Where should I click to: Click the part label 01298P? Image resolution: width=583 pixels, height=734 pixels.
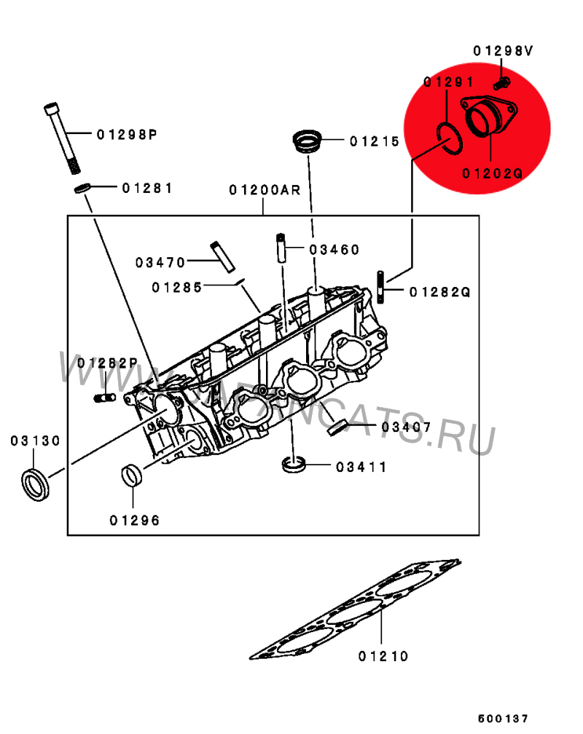127,135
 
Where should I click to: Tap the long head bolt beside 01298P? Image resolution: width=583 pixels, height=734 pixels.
62,138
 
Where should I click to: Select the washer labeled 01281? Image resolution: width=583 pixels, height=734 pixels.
83,188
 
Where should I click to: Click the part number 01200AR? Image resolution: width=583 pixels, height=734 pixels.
265,190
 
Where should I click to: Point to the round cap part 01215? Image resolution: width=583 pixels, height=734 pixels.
308,141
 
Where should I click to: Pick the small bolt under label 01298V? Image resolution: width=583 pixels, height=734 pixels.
502,84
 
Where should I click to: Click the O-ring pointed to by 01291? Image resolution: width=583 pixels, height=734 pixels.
450,138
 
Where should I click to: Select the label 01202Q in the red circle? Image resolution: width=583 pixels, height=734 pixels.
492,173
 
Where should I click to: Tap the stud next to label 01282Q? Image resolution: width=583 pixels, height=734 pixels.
380,287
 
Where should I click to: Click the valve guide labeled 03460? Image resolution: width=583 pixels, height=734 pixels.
281,248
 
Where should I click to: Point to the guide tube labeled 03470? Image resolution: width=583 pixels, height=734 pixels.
222,256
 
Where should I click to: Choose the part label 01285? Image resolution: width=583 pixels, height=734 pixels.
176,288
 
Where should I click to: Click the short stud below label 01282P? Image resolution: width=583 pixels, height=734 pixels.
105,398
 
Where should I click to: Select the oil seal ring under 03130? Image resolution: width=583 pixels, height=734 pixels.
35,484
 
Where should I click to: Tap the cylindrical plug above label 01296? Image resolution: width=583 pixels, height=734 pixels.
132,475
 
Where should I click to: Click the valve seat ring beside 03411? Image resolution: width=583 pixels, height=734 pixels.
294,464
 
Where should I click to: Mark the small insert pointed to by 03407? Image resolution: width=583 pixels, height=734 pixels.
337,428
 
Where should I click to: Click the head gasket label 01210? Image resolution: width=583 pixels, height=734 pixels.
383,656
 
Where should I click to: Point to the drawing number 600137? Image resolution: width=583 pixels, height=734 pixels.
503,718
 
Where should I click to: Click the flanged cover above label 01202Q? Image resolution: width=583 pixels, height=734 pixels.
490,116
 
